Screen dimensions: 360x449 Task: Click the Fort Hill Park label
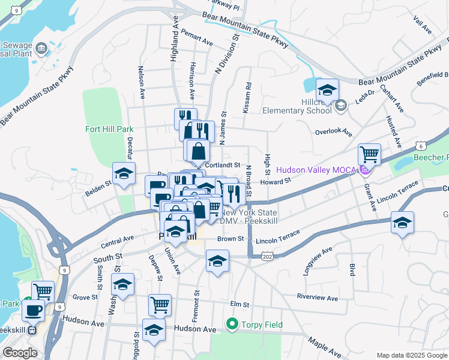(109, 128)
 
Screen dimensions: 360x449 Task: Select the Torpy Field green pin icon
(232, 325)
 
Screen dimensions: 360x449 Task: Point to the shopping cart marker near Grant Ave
(369, 155)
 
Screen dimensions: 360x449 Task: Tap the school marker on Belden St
(124, 174)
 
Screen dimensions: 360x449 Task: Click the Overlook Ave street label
(333, 131)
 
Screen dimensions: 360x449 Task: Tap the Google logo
(20, 353)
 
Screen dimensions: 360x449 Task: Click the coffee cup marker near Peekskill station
(33, 311)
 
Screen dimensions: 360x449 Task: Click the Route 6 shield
(421, 146)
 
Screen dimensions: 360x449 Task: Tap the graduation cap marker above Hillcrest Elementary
(327, 91)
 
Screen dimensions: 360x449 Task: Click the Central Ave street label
(118, 241)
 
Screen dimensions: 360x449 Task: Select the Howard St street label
(276, 180)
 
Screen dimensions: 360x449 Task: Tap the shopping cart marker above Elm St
(160, 305)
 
